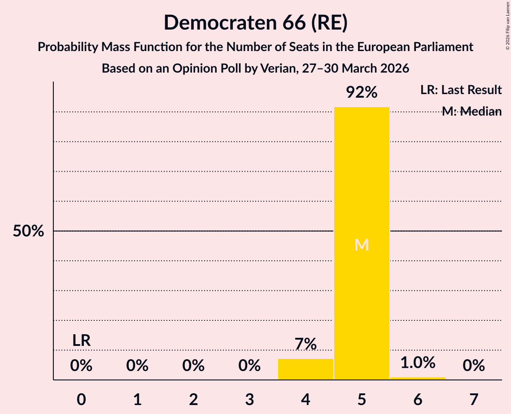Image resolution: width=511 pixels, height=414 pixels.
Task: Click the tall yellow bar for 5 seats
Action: [362, 243]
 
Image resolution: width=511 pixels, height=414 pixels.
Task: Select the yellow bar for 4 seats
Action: [306, 369]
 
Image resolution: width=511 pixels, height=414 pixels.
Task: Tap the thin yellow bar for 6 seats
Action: [418, 378]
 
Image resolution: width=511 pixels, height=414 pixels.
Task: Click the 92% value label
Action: [362, 92]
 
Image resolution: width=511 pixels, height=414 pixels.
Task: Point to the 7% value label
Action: [306, 344]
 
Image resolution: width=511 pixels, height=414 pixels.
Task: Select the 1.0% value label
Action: [418, 362]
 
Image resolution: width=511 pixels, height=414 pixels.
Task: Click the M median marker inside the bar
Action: [362, 245]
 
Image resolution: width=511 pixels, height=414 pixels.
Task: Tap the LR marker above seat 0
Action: [82, 341]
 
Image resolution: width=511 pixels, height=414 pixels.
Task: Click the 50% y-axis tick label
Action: [28, 231]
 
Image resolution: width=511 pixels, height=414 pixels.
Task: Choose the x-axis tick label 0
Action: [82, 399]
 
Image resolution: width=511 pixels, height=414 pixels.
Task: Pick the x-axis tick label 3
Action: [249, 399]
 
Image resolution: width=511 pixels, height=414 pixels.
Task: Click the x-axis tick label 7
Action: [474, 399]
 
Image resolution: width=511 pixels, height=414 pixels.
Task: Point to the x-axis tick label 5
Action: [362, 399]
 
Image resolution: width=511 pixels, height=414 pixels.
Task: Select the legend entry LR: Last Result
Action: [461, 90]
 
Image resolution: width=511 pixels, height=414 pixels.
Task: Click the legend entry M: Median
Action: [472, 112]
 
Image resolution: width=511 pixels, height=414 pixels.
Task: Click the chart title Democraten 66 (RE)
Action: [256, 23]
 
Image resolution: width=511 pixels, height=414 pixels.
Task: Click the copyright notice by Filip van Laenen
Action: [507, 26]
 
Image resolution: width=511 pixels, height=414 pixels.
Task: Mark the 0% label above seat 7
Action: [474, 366]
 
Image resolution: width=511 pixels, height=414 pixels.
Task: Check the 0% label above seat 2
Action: [193, 366]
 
